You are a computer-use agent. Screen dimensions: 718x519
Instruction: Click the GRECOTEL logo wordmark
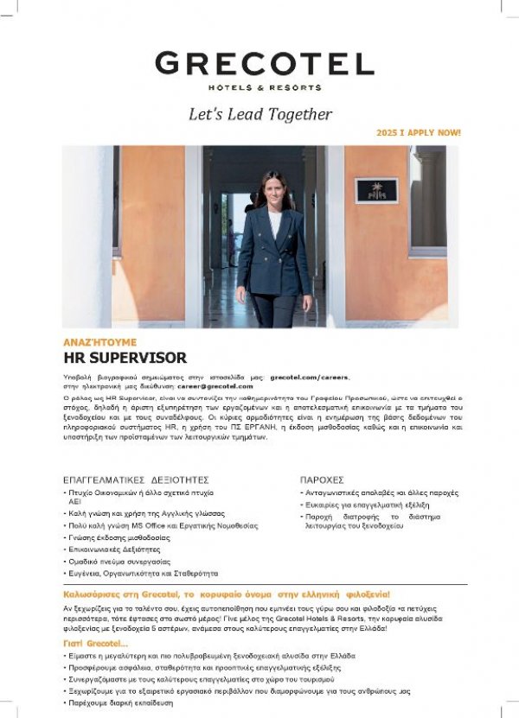[264, 63]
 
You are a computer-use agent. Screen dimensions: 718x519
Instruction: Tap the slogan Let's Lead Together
[260, 114]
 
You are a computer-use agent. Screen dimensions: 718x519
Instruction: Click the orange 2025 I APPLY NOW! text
[419, 133]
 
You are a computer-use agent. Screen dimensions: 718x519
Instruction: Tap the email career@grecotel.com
[212, 386]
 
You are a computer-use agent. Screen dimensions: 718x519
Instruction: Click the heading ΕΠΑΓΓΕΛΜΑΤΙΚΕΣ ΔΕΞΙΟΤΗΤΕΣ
[136, 479]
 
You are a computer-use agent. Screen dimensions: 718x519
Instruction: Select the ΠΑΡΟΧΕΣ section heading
[322, 479]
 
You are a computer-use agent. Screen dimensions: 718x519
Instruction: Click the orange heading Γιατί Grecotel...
[95, 644]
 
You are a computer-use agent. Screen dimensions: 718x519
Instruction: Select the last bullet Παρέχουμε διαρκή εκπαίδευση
[123, 703]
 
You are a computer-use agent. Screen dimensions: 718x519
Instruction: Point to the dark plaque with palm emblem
[376, 190]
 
